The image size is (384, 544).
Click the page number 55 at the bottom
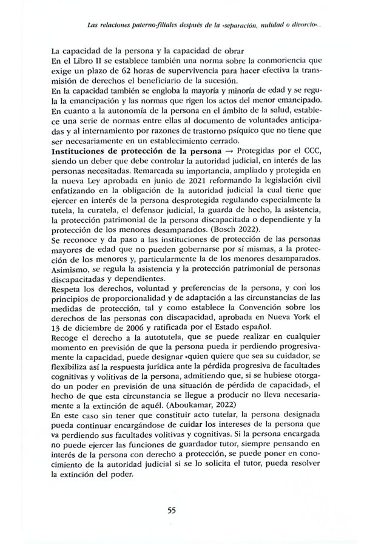[171, 510]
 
